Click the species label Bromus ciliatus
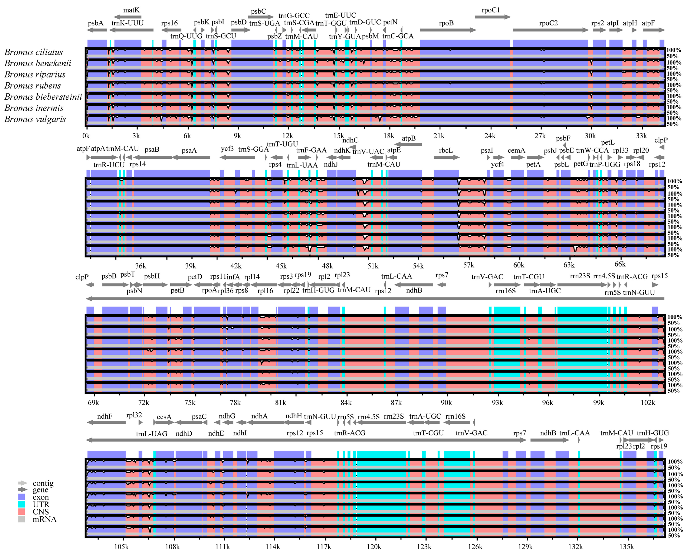[34, 52]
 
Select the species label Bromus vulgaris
[35, 119]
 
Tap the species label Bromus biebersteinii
[43, 97]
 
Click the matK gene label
[131, 10]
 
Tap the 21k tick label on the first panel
[439, 136]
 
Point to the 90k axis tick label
[446, 403]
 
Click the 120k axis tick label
[374, 547]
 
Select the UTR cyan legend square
[22, 504]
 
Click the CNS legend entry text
[40, 512]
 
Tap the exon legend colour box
[22, 497]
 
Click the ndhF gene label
[105, 416]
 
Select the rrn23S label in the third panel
[580, 276]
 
